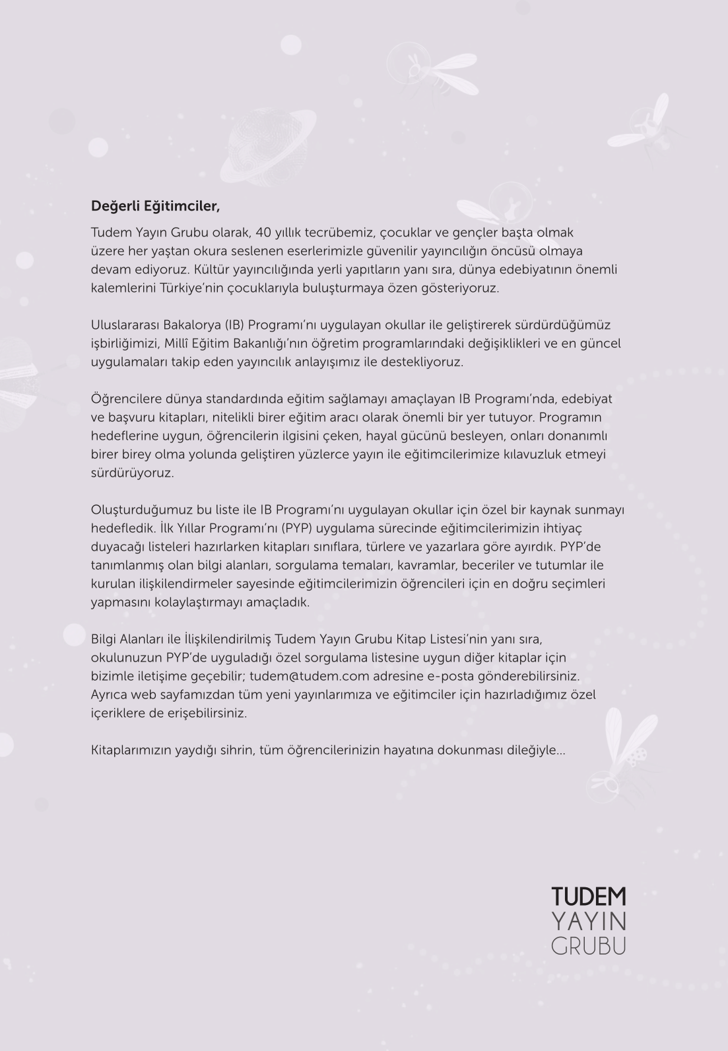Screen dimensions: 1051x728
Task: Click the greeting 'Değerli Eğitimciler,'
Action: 155,206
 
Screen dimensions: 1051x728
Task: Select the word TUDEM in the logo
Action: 588,897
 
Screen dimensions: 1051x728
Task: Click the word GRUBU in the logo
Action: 588,945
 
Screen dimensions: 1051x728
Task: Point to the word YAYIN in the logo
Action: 588,921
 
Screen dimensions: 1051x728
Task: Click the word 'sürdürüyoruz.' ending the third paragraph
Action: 132,473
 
